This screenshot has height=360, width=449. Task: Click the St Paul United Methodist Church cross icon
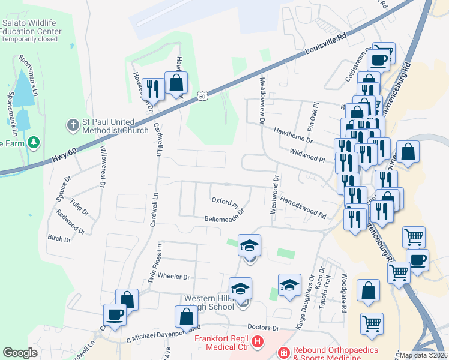tap(72, 126)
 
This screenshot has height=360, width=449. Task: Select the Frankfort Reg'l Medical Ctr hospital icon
tap(258, 342)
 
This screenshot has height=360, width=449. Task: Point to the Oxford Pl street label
tap(224, 200)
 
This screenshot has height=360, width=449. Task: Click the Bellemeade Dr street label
tap(224, 215)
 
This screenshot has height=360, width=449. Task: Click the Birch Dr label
tap(59, 238)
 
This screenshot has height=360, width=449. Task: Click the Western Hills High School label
tap(209, 302)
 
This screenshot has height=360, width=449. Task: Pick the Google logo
tap(20, 353)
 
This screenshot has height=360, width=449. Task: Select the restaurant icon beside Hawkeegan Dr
tap(154, 89)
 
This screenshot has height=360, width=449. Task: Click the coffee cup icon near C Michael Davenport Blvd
tap(114, 314)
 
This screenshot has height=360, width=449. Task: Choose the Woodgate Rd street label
tap(343, 293)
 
